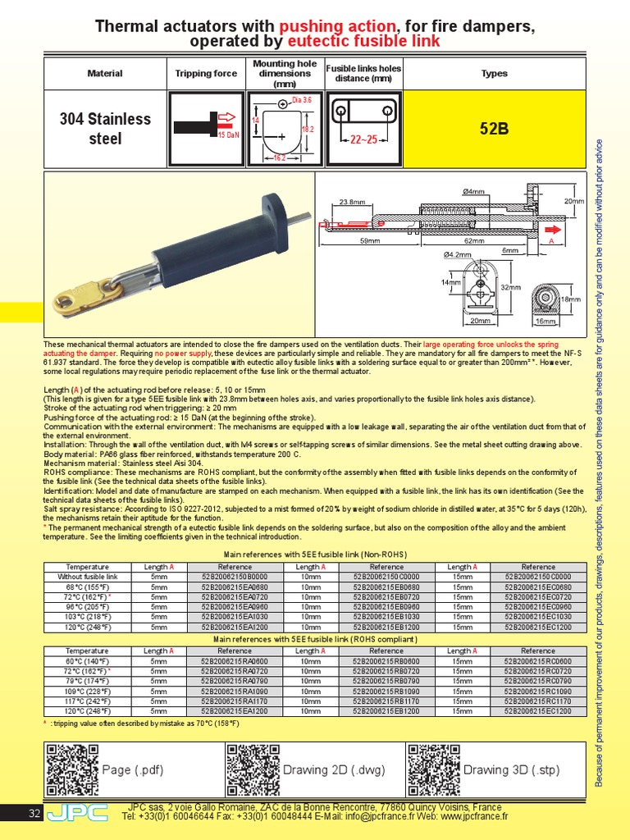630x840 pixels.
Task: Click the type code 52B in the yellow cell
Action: [494, 129]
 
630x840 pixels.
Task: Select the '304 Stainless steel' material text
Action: [105, 129]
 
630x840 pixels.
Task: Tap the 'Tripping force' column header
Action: [206, 73]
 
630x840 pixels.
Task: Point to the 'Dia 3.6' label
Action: [301, 100]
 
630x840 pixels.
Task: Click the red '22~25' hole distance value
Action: [361, 140]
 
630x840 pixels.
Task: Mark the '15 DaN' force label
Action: [228, 134]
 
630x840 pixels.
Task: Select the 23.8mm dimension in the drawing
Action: [352, 201]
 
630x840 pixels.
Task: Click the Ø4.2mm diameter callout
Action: [458, 254]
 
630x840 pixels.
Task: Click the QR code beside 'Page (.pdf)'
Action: [71, 770]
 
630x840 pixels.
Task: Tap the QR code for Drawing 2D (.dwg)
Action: [252, 770]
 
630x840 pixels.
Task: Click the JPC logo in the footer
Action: [77, 813]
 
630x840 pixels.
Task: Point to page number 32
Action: [34, 814]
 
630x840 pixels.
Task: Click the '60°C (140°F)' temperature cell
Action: [87, 660]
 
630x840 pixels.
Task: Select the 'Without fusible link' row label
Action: [87, 577]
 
